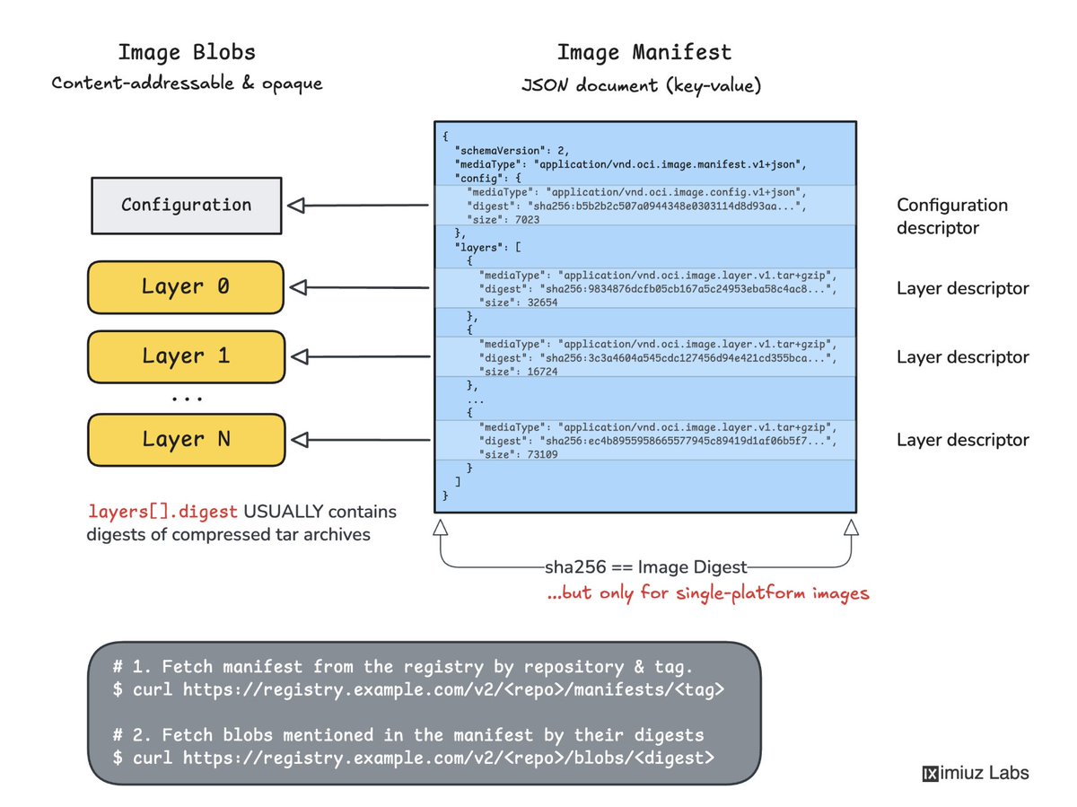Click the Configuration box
[186, 205]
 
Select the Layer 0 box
[186, 287]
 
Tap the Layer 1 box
[186, 356]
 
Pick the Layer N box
[186, 440]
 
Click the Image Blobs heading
[187, 52]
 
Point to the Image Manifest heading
[644, 52]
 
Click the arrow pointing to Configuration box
[358, 205]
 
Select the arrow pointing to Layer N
[361, 440]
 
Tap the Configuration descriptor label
[952, 215]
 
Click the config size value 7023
[527, 219]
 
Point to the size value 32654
[542, 303]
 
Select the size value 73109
[542, 454]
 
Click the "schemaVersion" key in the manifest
[500, 150]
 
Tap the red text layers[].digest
[162, 512]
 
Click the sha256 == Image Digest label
[645, 567]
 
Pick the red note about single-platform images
[708, 593]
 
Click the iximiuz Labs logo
[975, 773]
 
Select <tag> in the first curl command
[699, 689]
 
